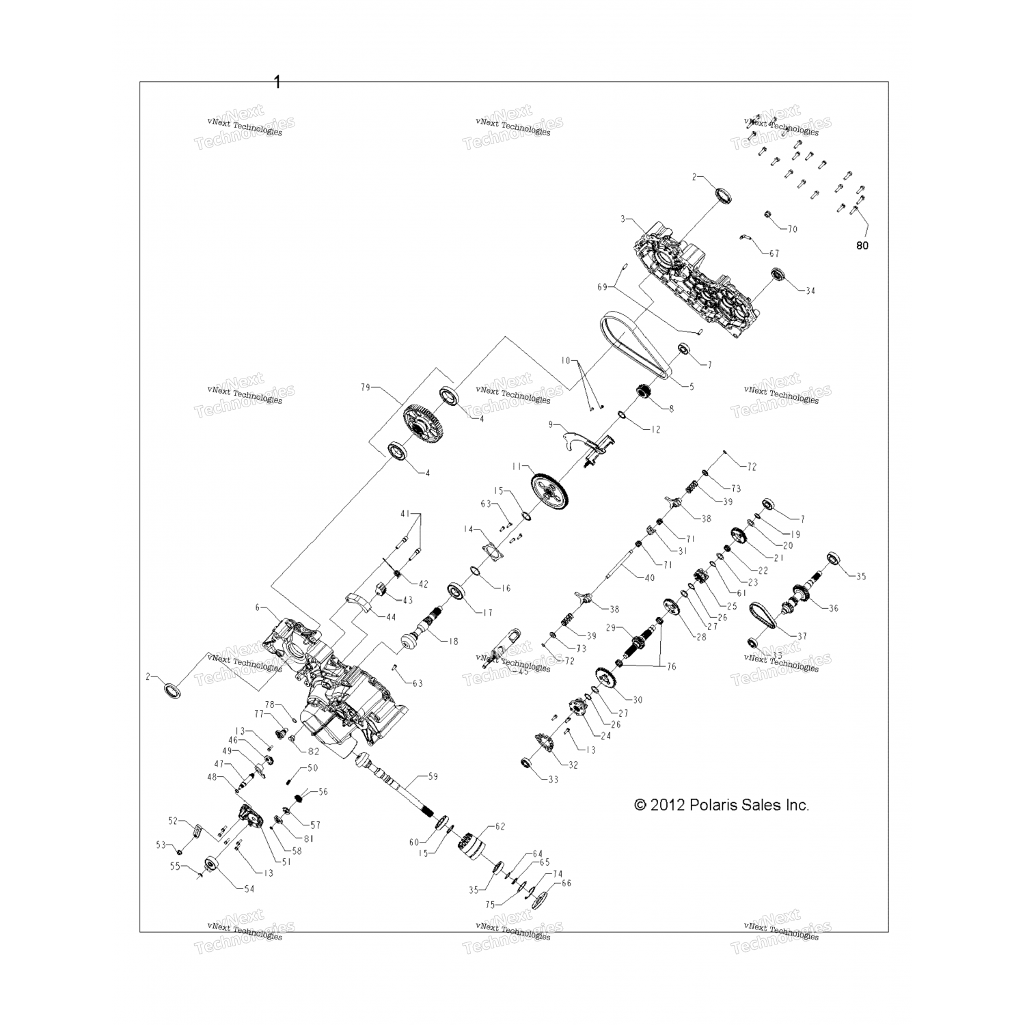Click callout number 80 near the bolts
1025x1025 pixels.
(862, 245)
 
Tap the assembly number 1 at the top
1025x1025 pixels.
(277, 82)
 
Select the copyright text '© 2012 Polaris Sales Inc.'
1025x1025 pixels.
(722, 805)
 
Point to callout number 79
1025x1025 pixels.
(365, 387)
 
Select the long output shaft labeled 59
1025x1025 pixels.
(396, 786)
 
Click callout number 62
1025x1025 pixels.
(500, 827)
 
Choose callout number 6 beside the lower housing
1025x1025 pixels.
(258, 607)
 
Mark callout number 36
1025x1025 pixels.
(833, 608)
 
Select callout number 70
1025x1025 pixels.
(792, 229)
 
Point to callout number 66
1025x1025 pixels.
(566, 883)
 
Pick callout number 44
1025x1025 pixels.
(390, 617)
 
